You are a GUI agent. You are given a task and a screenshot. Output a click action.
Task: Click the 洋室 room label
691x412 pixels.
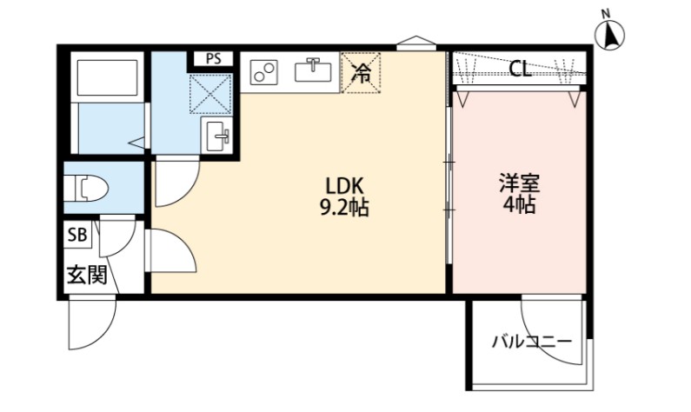click(520, 184)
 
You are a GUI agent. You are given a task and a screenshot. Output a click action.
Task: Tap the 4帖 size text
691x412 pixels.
click(520, 206)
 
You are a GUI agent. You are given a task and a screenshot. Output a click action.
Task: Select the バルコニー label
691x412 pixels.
click(531, 342)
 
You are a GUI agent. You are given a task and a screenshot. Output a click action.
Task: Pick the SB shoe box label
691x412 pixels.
click(77, 235)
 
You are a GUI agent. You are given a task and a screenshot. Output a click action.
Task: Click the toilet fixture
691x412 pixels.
click(87, 187)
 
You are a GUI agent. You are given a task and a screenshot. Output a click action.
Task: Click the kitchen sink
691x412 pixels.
click(313, 70)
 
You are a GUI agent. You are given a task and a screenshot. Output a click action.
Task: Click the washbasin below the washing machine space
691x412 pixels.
click(217, 136)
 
